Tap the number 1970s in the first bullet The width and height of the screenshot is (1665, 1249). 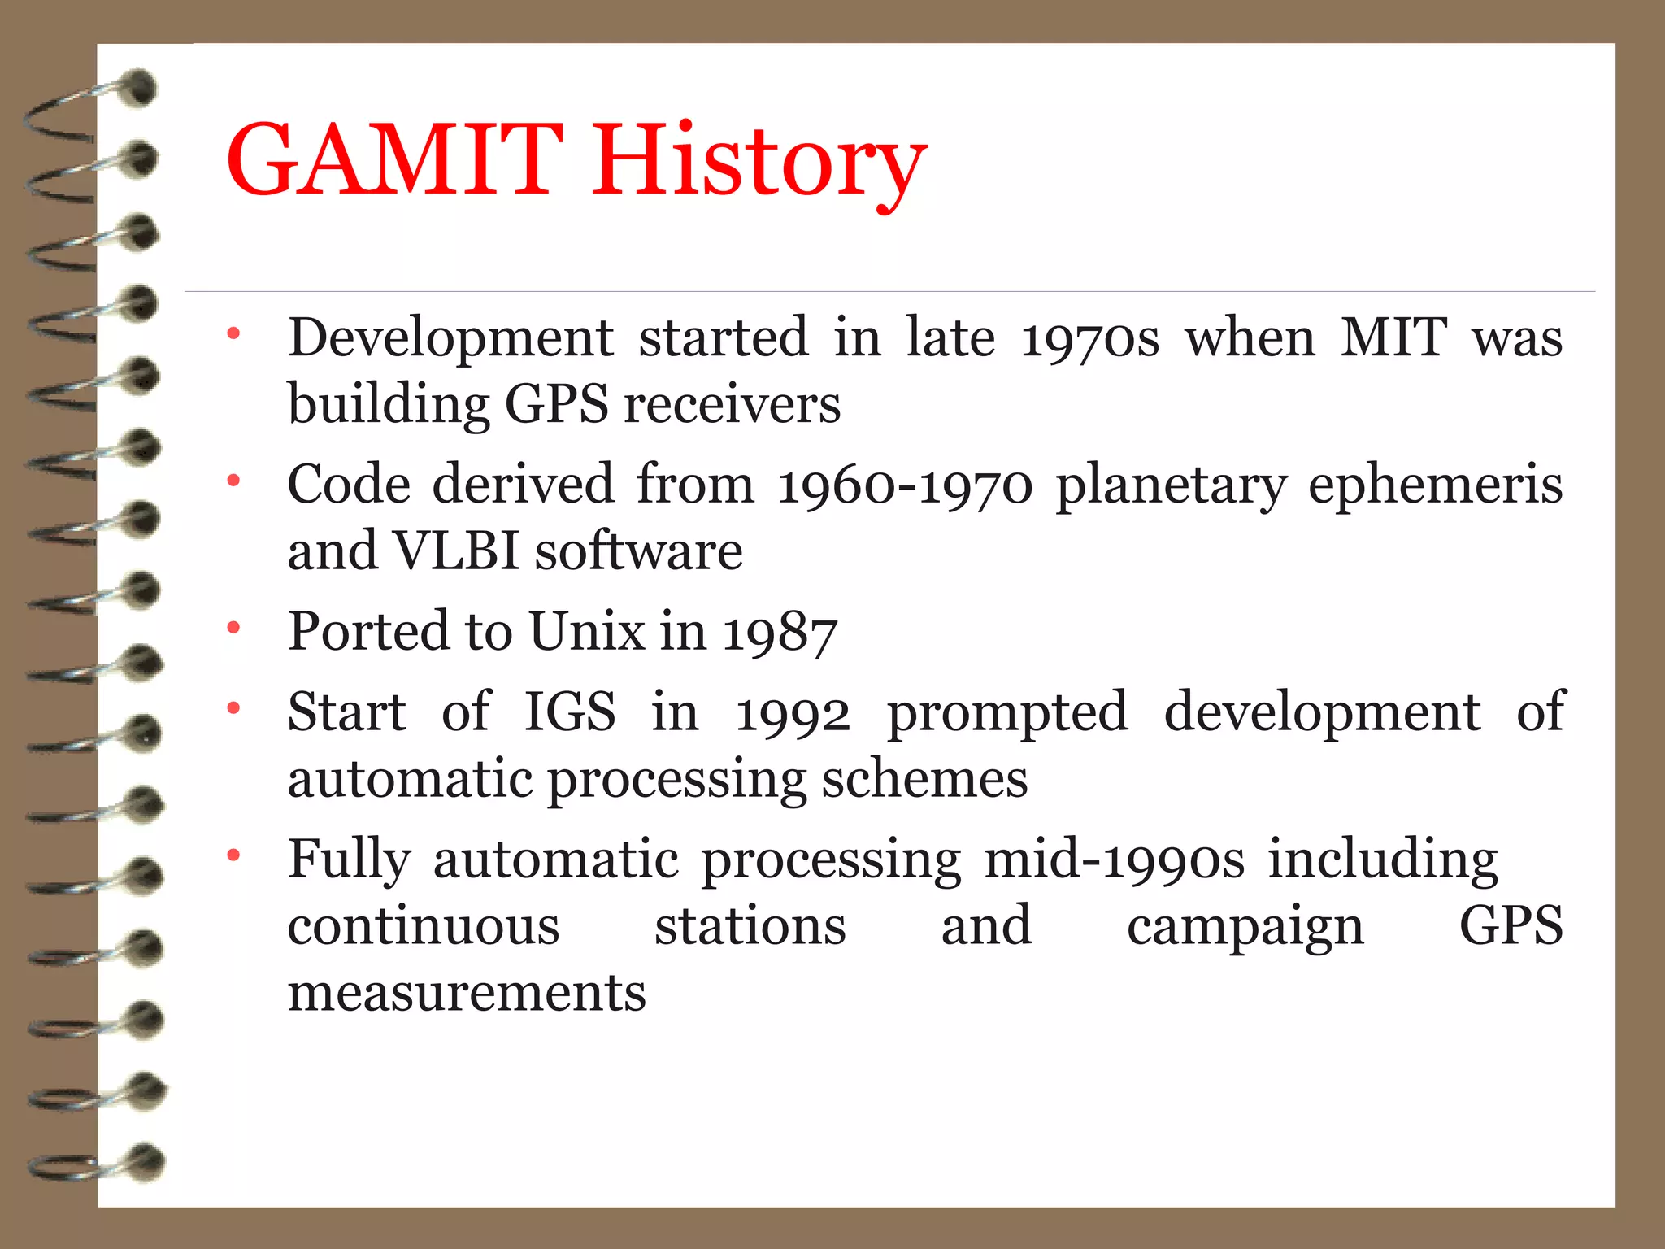(1089, 338)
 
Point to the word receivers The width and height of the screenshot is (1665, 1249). (732, 404)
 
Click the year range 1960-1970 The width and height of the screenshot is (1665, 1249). (905, 485)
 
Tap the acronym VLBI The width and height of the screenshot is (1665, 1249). (455, 551)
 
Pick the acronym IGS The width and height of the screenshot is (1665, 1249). (570, 712)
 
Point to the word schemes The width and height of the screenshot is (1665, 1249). (924, 779)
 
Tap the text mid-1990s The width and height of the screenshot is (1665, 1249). (1114, 860)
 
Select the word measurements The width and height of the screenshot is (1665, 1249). (467, 993)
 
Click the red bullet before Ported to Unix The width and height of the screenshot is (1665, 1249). (234, 628)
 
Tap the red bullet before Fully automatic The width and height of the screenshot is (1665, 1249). (234, 855)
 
